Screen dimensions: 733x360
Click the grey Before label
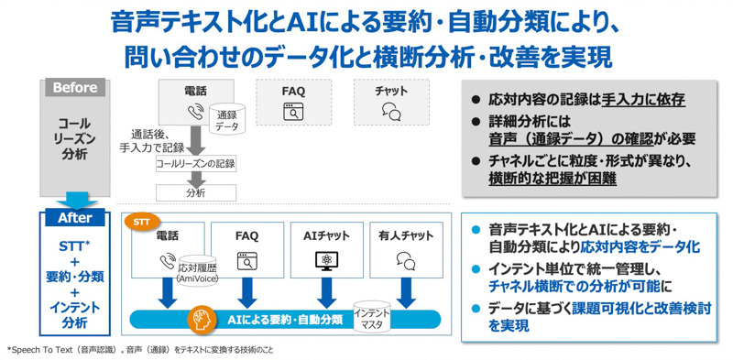[x=75, y=87]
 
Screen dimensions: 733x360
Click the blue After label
[x=75, y=218]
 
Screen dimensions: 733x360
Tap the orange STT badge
[x=142, y=222]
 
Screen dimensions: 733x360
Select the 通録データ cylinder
[x=226, y=120]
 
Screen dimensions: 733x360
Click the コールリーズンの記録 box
[x=196, y=164]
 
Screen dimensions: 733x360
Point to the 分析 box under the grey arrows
[x=196, y=192]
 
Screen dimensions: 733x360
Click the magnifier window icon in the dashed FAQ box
[x=293, y=112]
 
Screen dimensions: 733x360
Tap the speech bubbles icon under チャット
[x=391, y=111]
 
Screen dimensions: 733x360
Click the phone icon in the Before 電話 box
[x=195, y=111]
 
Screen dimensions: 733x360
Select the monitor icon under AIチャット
[x=326, y=261]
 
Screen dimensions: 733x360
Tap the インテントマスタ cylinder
[x=372, y=317]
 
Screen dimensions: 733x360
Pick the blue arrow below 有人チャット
[x=406, y=293]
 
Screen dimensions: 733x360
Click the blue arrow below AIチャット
[x=325, y=293]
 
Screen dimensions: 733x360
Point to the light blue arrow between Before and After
[x=76, y=201]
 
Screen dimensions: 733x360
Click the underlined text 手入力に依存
[x=643, y=101]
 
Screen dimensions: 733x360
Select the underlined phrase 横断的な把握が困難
[x=552, y=179]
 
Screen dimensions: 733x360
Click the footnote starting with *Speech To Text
[x=140, y=350]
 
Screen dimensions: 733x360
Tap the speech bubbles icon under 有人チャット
[x=405, y=261]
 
